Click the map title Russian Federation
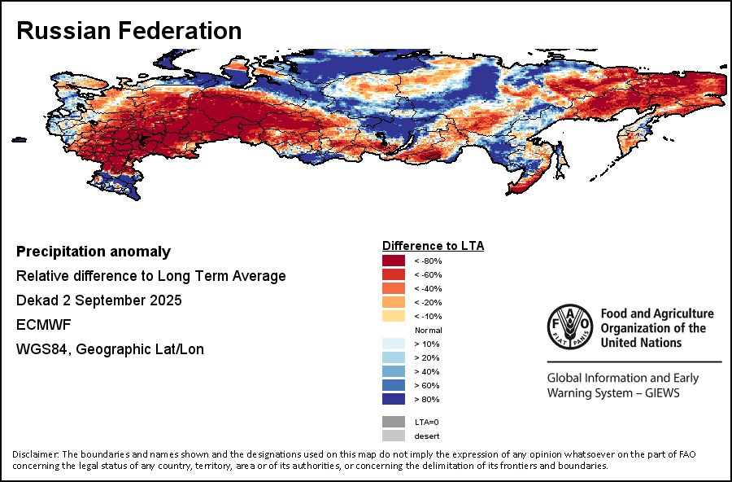tap(129, 31)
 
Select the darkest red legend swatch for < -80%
tap(394, 261)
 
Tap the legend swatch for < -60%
tap(394, 274)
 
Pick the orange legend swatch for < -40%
tap(394, 288)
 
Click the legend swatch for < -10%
tap(394, 316)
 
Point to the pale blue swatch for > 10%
tap(394, 344)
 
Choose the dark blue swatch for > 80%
tap(394, 399)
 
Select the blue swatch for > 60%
tap(394, 385)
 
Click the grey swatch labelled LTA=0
tap(394, 422)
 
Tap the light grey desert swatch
tap(394, 436)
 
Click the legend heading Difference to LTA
tap(434, 245)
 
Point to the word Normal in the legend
tap(428, 330)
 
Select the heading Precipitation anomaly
tap(94, 252)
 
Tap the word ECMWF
tap(42, 325)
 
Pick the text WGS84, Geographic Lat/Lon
tap(110, 349)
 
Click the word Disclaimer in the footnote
tap(35, 454)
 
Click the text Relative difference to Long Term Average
tap(151, 276)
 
